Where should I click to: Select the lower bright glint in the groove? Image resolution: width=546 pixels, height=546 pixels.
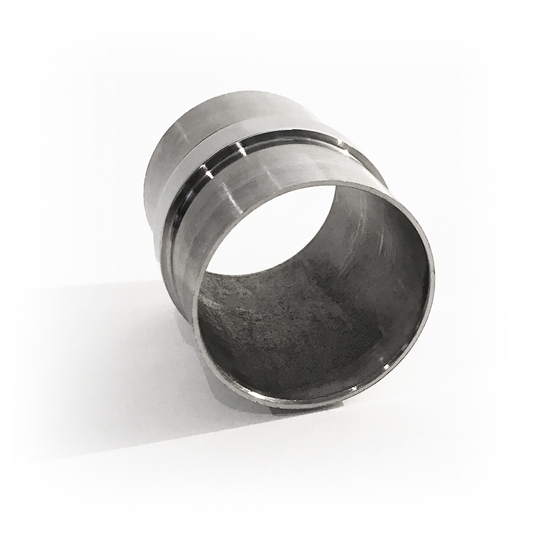coord(208,175)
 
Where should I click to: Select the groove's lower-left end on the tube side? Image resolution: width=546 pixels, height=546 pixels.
coord(167,243)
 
